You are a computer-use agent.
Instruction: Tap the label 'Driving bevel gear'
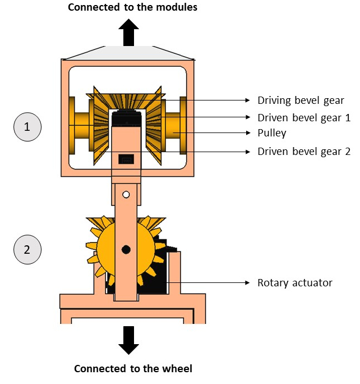point(301,100)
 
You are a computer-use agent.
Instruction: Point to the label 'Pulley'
point(271,134)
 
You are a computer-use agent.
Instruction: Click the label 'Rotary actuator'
point(294,282)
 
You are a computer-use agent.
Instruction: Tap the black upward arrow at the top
point(128,32)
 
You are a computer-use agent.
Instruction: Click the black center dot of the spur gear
point(126,249)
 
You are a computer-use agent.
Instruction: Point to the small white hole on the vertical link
point(127,195)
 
